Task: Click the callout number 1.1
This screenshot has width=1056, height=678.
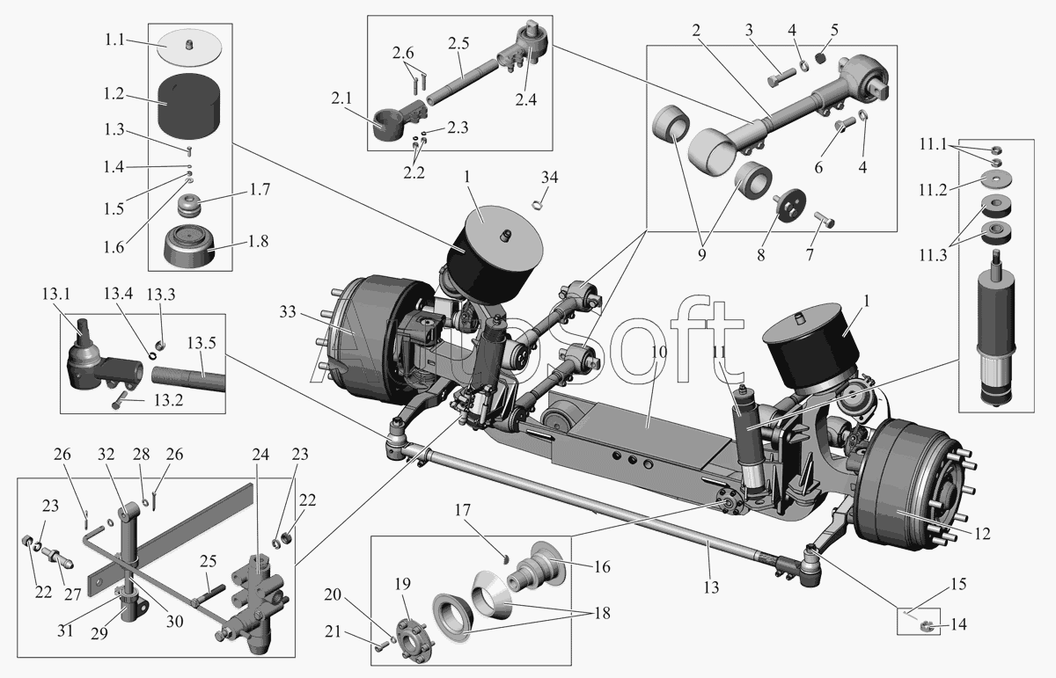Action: (x=114, y=40)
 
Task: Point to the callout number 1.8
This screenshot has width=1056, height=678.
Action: (x=259, y=241)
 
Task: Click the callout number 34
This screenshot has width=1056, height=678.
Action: (x=549, y=177)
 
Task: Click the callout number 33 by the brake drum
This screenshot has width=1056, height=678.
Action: (x=288, y=311)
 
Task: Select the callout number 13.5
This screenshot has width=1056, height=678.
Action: (x=202, y=343)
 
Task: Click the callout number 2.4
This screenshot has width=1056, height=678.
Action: (x=525, y=100)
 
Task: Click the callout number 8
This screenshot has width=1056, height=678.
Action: (x=761, y=255)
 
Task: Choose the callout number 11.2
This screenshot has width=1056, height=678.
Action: (x=933, y=189)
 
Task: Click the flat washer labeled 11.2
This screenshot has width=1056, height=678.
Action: (x=995, y=179)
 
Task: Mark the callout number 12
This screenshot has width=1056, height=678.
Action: (x=982, y=534)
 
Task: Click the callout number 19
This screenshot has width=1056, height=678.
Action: (x=403, y=584)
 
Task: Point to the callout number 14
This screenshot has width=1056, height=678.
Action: (x=958, y=623)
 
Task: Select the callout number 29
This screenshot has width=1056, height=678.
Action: (x=99, y=634)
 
